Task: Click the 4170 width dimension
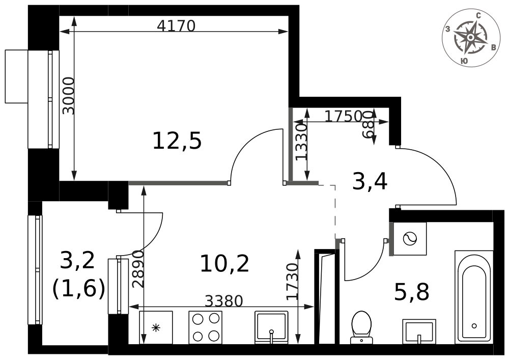(x=176, y=25)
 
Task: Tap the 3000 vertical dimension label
(x=69, y=96)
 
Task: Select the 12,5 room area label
(x=177, y=141)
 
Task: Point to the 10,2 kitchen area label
(x=224, y=263)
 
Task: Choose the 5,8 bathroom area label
(x=412, y=291)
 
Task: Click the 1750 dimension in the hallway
(x=343, y=116)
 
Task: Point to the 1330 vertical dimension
(x=301, y=142)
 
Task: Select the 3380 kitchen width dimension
(x=224, y=301)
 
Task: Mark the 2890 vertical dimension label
(x=138, y=269)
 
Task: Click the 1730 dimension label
(x=292, y=281)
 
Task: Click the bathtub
(x=474, y=297)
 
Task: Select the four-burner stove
(x=206, y=327)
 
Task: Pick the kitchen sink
(x=271, y=327)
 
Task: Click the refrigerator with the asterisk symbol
(x=156, y=327)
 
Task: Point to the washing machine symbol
(x=410, y=239)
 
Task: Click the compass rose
(x=471, y=38)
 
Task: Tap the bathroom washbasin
(x=419, y=331)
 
